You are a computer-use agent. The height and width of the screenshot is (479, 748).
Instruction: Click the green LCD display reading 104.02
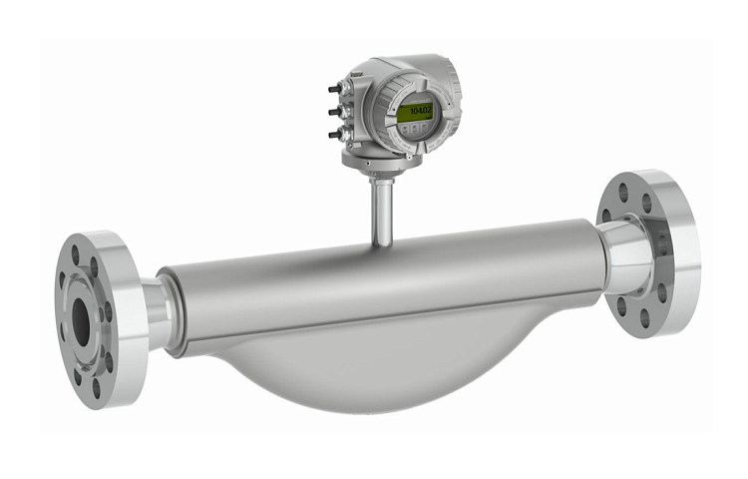(413, 112)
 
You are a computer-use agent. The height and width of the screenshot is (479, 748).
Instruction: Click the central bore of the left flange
(81, 320)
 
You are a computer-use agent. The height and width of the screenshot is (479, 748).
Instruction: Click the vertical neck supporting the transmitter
(381, 209)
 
